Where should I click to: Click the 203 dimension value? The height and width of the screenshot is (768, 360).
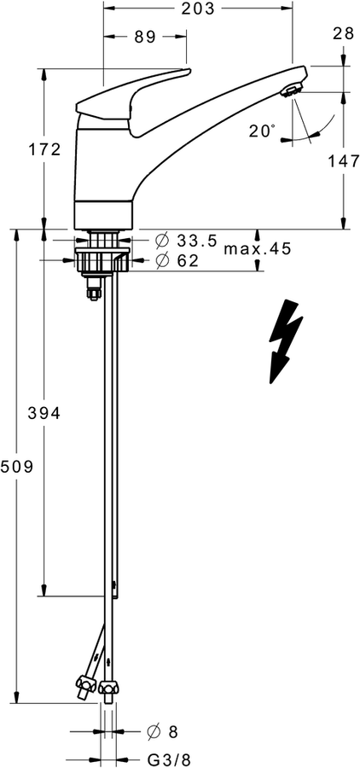198,9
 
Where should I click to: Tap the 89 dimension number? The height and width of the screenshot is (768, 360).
145,37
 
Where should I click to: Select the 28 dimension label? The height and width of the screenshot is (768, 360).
343,33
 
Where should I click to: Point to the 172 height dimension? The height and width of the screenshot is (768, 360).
44,149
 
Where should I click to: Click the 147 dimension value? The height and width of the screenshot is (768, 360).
342,161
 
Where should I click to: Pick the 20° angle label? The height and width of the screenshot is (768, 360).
262,131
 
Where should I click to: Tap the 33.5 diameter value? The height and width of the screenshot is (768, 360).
196,240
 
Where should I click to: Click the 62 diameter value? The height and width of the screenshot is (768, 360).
188,261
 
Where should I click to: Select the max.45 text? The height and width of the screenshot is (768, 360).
258,249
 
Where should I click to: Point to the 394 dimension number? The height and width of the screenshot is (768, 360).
44,413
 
